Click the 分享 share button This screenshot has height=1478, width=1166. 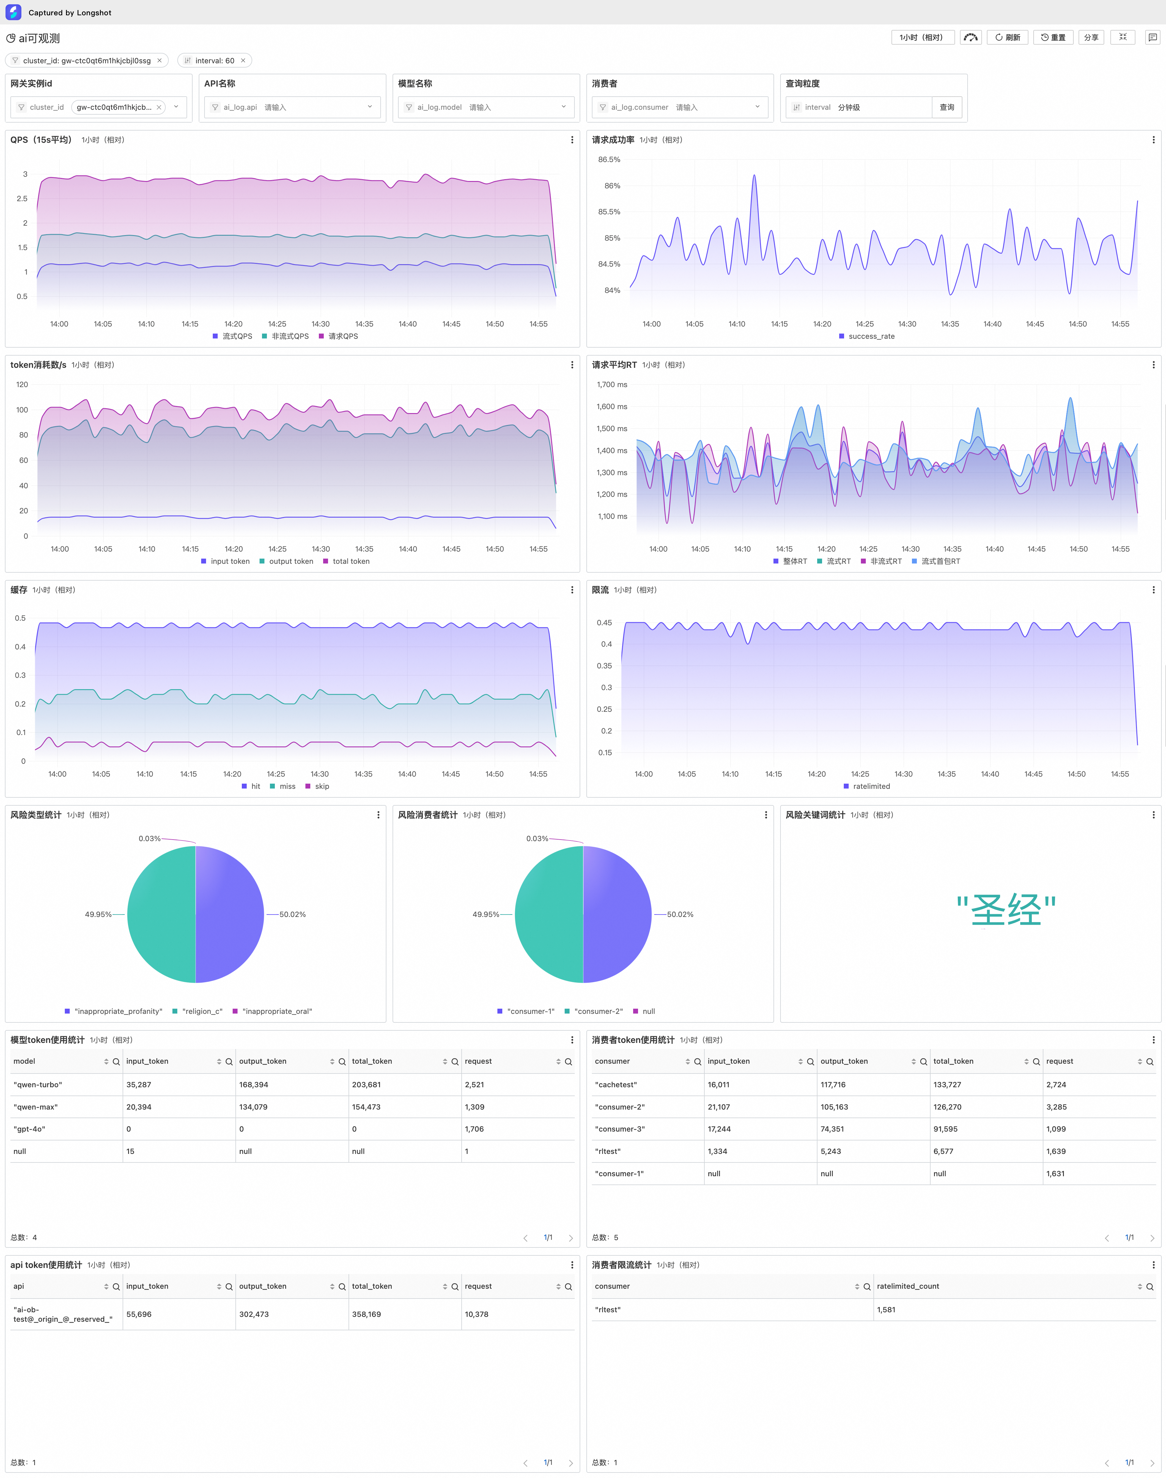(1091, 38)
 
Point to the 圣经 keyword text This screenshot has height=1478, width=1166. (1006, 910)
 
